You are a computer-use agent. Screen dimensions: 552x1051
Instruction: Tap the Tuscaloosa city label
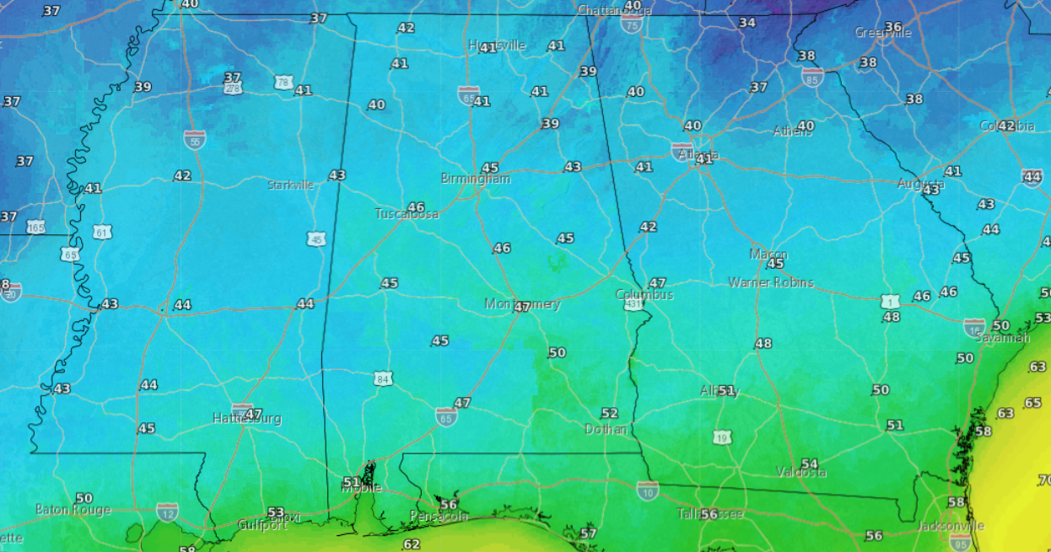tap(407, 214)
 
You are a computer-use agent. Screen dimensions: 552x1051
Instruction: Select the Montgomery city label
tap(522, 304)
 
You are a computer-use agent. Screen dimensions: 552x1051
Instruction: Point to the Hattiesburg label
tap(246, 419)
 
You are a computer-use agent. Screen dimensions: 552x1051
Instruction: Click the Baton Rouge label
tap(73, 510)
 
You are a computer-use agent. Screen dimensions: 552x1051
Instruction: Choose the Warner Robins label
tap(771, 282)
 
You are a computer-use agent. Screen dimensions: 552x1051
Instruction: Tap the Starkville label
tap(290, 185)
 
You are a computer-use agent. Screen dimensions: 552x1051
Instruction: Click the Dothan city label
tap(606, 429)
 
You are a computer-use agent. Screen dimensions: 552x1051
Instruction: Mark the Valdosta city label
tap(801, 472)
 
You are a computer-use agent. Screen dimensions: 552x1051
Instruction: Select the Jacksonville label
tap(950, 526)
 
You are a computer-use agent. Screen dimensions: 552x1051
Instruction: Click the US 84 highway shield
tap(384, 378)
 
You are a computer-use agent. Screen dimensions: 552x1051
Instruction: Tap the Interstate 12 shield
tap(166, 511)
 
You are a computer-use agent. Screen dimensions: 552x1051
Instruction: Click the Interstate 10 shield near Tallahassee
tap(647, 489)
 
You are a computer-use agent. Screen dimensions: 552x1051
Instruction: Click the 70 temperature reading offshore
tap(1043, 480)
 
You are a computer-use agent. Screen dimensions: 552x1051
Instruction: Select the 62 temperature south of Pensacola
tap(411, 544)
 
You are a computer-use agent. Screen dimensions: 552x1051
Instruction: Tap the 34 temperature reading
tap(746, 22)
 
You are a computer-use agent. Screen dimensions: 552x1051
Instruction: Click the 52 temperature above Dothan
tap(609, 413)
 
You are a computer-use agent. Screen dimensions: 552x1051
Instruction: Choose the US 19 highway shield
tap(721, 437)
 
